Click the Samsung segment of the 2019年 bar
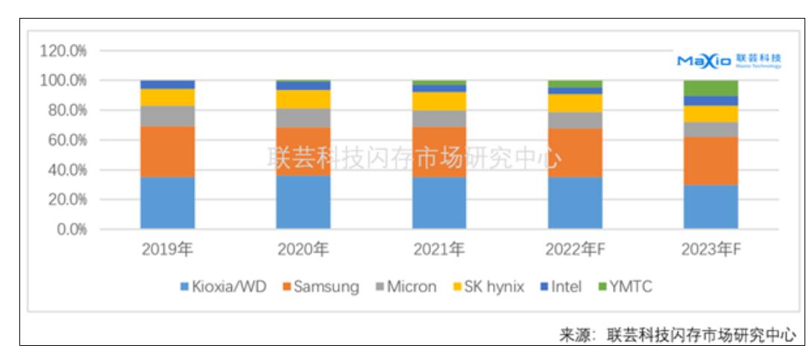(x=168, y=151)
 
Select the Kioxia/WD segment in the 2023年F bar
(x=711, y=206)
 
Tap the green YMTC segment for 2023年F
(x=711, y=88)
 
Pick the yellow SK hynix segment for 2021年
(x=439, y=101)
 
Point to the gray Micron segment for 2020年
(x=303, y=118)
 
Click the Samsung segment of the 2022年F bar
(x=575, y=153)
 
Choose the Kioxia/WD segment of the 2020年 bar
(x=303, y=202)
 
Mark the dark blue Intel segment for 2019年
(x=168, y=84)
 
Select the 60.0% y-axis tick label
(x=65, y=140)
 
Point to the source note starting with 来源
(x=677, y=335)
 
